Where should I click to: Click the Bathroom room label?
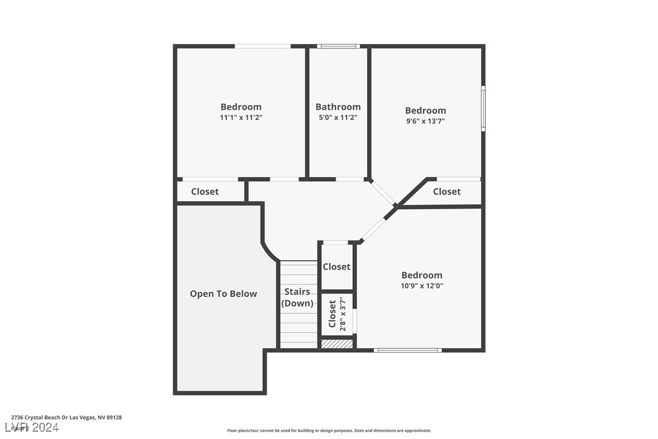click(x=338, y=107)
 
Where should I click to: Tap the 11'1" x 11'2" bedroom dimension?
click(x=241, y=118)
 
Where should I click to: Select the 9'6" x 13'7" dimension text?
click(x=425, y=121)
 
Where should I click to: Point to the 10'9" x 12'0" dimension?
click(x=422, y=286)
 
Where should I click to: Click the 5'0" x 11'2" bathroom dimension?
click(x=338, y=118)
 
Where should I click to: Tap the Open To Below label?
click(x=224, y=293)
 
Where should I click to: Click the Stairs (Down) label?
click(x=298, y=298)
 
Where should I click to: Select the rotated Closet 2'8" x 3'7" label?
click(x=337, y=313)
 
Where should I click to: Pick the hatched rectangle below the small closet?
click(x=336, y=344)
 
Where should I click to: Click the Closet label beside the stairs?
click(x=336, y=267)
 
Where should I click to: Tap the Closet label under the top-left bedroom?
click(x=205, y=192)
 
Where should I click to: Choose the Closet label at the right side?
click(x=447, y=192)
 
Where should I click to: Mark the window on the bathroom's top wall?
click(x=338, y=46)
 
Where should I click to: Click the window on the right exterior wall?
click(x=483, y=109)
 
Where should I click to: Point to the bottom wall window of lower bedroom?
click(x=407, y=350)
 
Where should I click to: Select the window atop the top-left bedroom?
click(x=262, y=46)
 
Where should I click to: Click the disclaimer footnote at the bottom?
click(x=329, y=431)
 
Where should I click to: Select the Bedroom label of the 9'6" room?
click(x=425, y=110)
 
